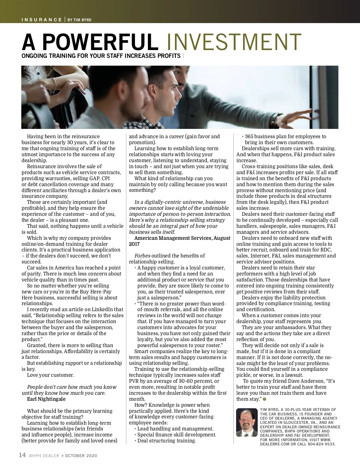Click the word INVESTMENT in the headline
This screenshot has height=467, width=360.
(233, 42)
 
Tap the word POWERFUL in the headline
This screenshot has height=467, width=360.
(100, 42)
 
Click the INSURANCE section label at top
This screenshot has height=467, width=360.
(41, 20)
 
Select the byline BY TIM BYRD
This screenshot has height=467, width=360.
(79, 20)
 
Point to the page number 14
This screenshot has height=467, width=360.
(22, 455)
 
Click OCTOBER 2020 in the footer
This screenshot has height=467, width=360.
(81, 456)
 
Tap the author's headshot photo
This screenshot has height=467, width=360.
(247, 422)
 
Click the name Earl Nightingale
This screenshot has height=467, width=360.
(46, 399)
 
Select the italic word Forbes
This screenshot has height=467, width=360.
(142, 256)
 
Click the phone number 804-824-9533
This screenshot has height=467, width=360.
(322, 444)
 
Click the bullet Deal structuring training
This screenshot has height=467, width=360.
(166, 441)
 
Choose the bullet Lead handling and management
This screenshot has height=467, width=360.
(175, 429)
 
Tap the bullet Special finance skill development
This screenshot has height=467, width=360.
(177, 435)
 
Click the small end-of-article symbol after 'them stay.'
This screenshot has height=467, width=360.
(264, 399)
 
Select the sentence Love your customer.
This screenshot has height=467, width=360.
(50, 375)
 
